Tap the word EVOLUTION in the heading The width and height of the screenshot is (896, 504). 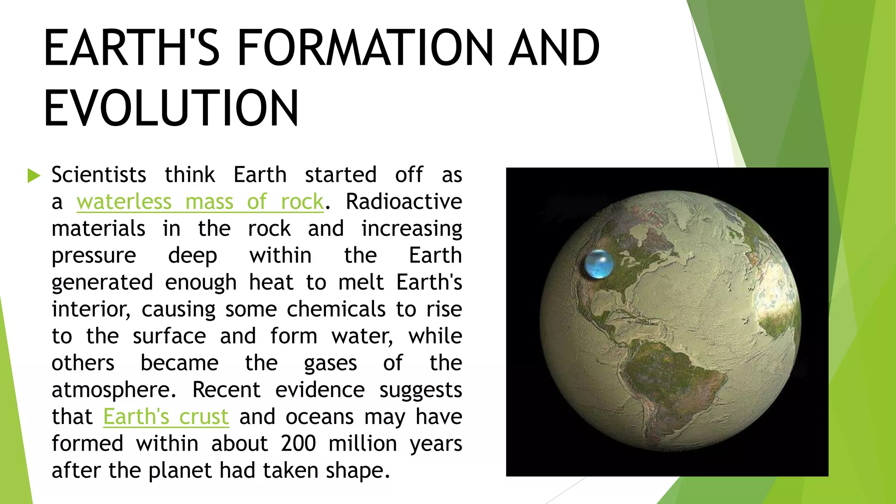tap(171, 108)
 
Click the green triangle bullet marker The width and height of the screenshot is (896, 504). tap(34, 175)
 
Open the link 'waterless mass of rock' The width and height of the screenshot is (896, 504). tap(200, 202)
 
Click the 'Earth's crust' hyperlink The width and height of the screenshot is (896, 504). tap(166, 416)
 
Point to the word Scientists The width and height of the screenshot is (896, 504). tap(99, 175)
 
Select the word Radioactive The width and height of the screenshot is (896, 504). tap(404, 202)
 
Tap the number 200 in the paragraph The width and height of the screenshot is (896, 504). tap(298, 444)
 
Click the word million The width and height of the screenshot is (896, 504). tap(363, 444)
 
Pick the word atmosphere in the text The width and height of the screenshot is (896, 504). tap(114, 390)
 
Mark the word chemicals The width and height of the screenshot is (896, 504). tap(336, 309)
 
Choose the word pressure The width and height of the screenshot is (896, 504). tap(94, 255)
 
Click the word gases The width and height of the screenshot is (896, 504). tap(330, 363)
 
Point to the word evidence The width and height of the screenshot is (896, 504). tap(320, 390)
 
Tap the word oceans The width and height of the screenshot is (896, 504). tap(319, 416)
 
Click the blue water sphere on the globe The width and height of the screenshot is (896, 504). tap(599, 264)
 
